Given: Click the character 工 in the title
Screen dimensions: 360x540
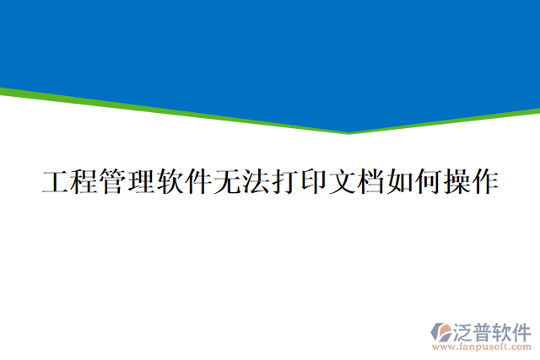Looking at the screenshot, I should pyautogui.click(x=56, y=182).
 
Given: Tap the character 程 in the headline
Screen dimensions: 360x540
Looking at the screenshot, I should pyautogui.click(x=84, y=182).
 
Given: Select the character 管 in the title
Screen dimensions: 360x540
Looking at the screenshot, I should pyautogui.click(x=113, y=182).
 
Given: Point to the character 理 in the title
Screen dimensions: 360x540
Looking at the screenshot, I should pyautogui.click(x=141, y=182).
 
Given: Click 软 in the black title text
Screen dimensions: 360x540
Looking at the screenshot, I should pyautogui.click(x=170, y=182).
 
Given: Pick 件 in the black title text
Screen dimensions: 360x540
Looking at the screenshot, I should pyautogui.click(x=198, y=182).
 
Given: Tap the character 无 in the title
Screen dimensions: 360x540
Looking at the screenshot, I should pyautogui.click(x=227, y=182).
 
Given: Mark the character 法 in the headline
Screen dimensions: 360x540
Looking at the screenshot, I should pyautogui.click(x=256, y=182).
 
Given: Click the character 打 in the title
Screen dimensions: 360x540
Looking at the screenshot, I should pyautogui.click(x=284, y=182).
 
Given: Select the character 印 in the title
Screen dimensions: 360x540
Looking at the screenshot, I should pyautogui.click(x=313, y=182).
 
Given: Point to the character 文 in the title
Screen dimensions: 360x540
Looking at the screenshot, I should pyautogui.click(x=342, y=182).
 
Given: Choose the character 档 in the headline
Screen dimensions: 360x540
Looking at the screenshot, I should pyautogui.click(x=370, y=182).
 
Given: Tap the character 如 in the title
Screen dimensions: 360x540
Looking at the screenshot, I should pyautogui.click(x=399, y=182).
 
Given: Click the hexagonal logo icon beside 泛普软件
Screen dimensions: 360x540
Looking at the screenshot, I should pyautogui.click(x=440, y=331).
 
